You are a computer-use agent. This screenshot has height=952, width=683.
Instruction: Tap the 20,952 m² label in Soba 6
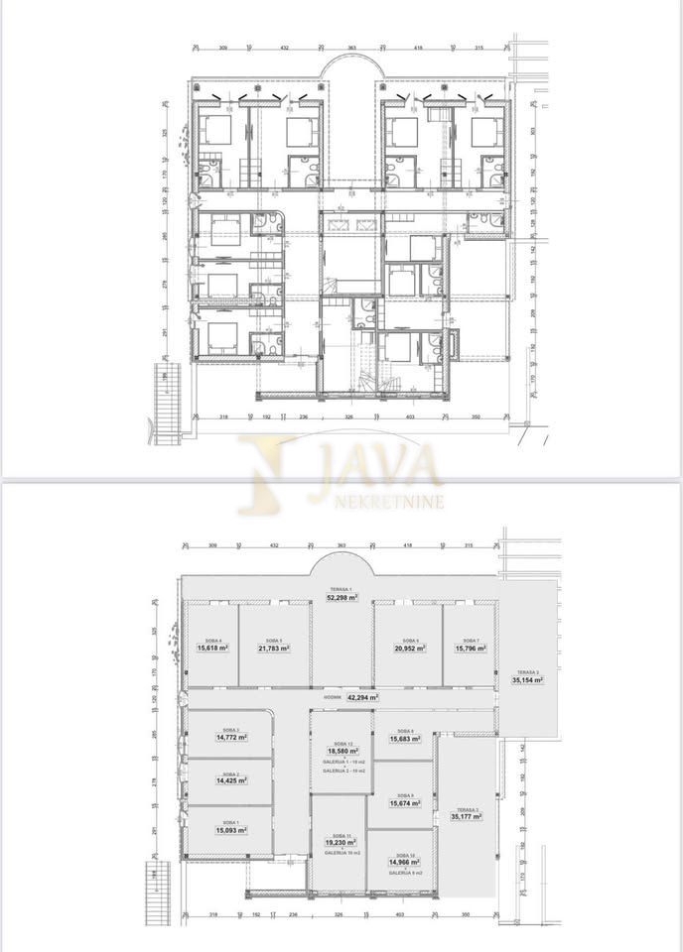(407, 648)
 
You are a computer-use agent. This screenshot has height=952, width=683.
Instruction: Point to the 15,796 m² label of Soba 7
(467, 648)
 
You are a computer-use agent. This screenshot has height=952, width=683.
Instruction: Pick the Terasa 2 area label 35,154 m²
(528, 680)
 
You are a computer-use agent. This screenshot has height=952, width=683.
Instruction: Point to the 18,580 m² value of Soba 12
(340, 751)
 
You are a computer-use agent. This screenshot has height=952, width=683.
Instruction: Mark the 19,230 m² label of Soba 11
(340, 843)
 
